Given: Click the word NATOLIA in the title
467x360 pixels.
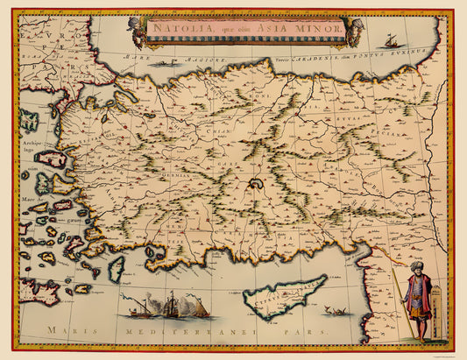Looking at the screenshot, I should pos(172,27).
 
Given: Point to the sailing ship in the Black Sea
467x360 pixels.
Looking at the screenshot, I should pos(389,40).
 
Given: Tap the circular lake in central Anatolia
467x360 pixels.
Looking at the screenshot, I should pos(256,183).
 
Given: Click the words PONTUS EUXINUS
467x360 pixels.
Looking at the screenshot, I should pos(399,53).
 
